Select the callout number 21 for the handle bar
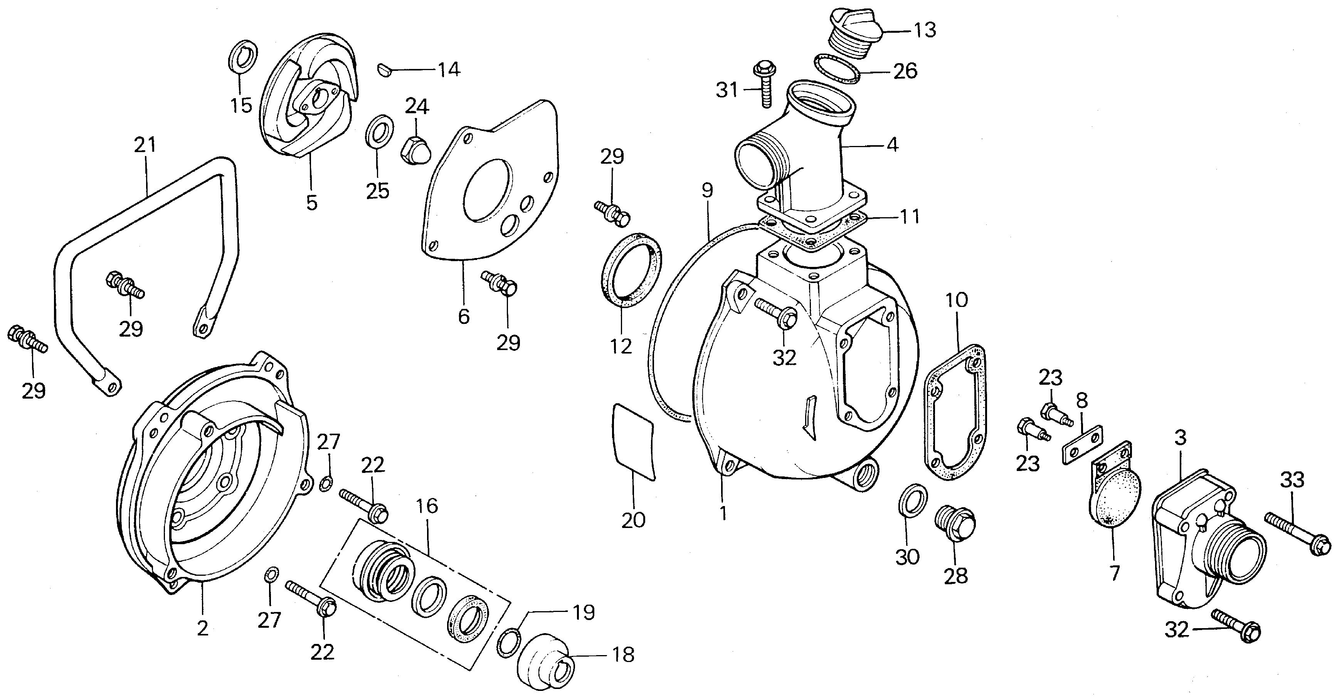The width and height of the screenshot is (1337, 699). (145, 146)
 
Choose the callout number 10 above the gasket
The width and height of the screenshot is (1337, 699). (957, 300)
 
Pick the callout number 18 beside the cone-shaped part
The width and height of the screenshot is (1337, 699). (623, 655)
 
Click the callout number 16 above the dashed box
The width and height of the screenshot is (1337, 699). (427, 506)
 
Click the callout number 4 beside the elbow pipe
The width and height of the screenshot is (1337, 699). (892, 145)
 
